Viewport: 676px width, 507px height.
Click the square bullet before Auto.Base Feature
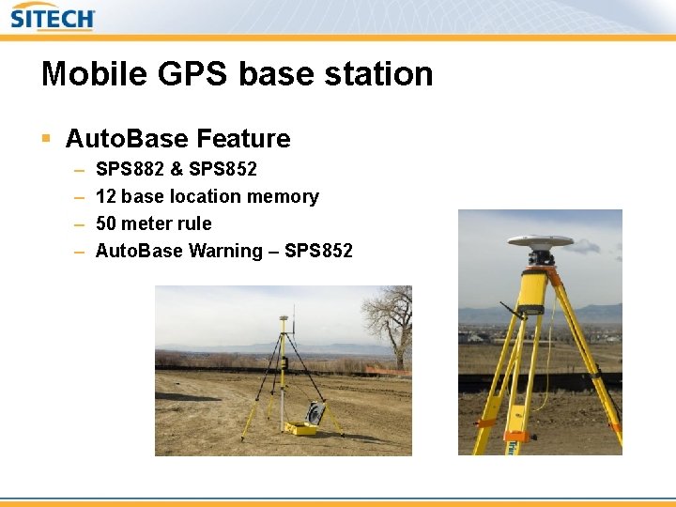(46, 139)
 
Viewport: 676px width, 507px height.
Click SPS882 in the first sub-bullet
(130, 169)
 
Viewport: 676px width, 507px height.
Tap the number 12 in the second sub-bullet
(106, 196)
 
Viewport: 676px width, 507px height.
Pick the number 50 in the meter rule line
(107, 223)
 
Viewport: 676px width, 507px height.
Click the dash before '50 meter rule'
(77, 223)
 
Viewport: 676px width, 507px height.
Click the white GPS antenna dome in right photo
(540, 242)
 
